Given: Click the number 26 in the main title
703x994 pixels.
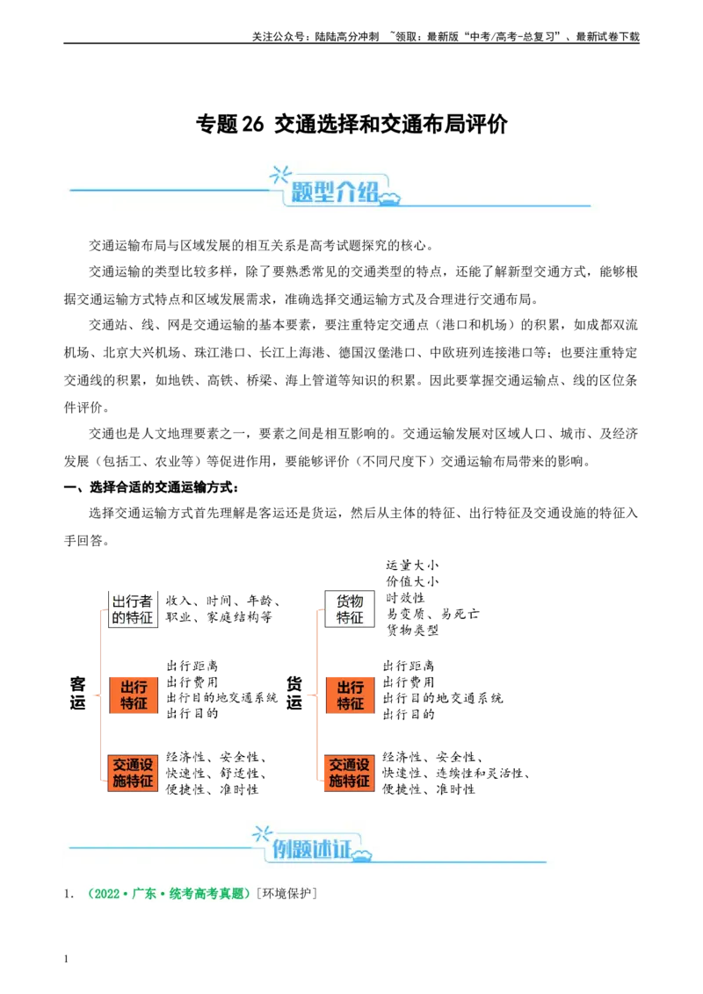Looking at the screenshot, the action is point(252,125).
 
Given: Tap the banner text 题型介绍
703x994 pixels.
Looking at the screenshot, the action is point(335,191).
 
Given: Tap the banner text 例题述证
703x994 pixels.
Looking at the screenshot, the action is point(312,849).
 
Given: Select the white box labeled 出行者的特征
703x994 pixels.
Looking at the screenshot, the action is point(133,609).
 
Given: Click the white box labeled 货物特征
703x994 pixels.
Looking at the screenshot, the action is point(350,609).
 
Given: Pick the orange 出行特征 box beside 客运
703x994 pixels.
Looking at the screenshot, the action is point(134,695).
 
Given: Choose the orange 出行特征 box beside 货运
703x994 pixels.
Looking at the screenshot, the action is point(351,695).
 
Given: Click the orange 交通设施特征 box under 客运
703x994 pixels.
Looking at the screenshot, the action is point(133,774).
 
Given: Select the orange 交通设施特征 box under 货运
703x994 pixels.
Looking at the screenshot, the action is point(350,774).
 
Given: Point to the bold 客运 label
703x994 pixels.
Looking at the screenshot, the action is point(77,693).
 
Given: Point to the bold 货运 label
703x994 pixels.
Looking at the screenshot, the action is point(294,693).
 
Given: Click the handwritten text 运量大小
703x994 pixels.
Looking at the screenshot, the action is point(412,565).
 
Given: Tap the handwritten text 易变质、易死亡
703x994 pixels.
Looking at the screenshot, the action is point(432,614).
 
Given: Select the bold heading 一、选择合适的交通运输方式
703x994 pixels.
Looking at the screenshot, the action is point(151,487).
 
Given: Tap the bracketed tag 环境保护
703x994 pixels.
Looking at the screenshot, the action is point(286,894).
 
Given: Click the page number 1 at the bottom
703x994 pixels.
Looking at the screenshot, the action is point(66,959).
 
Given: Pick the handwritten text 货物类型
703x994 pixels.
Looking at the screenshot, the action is point(412,630).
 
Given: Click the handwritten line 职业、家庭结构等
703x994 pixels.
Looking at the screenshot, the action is point(220,616).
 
